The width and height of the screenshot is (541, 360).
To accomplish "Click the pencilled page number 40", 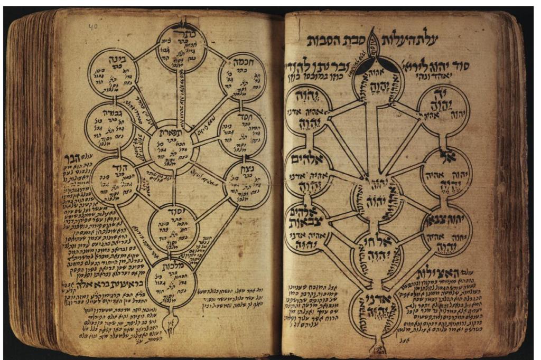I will coord(93,25).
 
